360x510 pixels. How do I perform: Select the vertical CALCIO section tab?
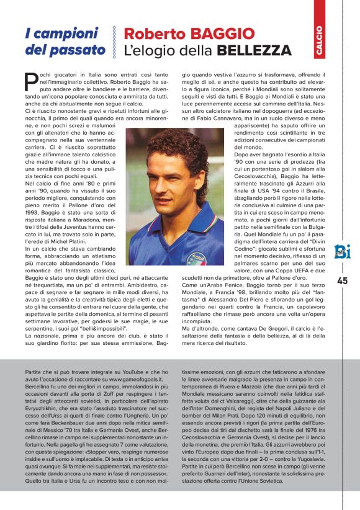318,41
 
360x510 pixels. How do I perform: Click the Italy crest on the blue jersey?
197,256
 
